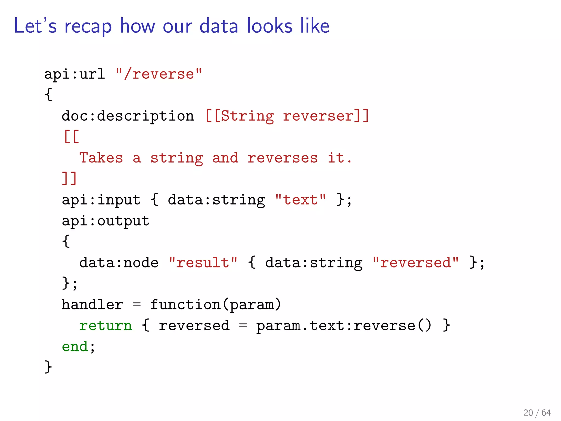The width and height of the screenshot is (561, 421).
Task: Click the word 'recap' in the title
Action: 88,26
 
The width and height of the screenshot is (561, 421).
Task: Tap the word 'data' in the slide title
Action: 219,26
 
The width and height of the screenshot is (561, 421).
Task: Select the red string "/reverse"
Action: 159,74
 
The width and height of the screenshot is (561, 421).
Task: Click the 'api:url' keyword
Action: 75,74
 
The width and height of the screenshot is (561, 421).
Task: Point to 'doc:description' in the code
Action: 128,116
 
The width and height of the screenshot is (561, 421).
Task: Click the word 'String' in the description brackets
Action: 247,116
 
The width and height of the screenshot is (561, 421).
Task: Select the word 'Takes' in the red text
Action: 101,158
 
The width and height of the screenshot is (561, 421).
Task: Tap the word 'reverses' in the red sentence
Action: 282,158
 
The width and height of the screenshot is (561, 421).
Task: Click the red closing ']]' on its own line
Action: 70,178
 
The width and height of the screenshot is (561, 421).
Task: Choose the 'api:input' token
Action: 101,200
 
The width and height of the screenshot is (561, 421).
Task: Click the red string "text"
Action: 300,200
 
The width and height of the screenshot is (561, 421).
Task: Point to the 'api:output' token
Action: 105,221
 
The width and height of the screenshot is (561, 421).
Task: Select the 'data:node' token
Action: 119,263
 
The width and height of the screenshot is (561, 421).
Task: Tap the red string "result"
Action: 203,263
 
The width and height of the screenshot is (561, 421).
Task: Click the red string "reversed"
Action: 415,263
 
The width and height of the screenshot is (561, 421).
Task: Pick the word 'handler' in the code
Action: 92,305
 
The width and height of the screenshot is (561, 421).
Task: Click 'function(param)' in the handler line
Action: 215,305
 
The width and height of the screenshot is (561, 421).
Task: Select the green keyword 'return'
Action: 105,326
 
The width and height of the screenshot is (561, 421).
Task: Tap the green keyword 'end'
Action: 75,347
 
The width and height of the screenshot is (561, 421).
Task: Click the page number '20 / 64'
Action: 537,413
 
